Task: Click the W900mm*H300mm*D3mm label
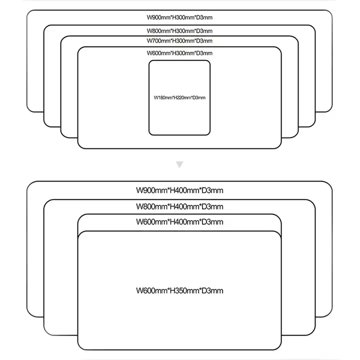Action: [x=179, y=17]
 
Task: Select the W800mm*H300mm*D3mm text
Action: [x=179, y=30]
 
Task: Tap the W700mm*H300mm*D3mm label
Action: [x=179, y=40]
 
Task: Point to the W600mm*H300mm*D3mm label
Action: [x=179, y=53]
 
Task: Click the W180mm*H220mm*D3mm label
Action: [x=179, y=97]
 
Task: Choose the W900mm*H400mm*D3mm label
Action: [x=179, y=190]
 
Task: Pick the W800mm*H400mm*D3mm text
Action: [x=179, y=206]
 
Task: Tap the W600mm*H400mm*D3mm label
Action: [x=179, y=221]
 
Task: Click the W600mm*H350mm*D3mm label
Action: [x=179, y=290]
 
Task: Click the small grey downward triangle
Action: [x=180, y=163]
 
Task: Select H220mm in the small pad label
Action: [x=180, y=97]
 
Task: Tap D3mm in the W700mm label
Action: [x=205, y=40]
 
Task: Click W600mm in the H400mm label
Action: [x=151, y=221]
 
